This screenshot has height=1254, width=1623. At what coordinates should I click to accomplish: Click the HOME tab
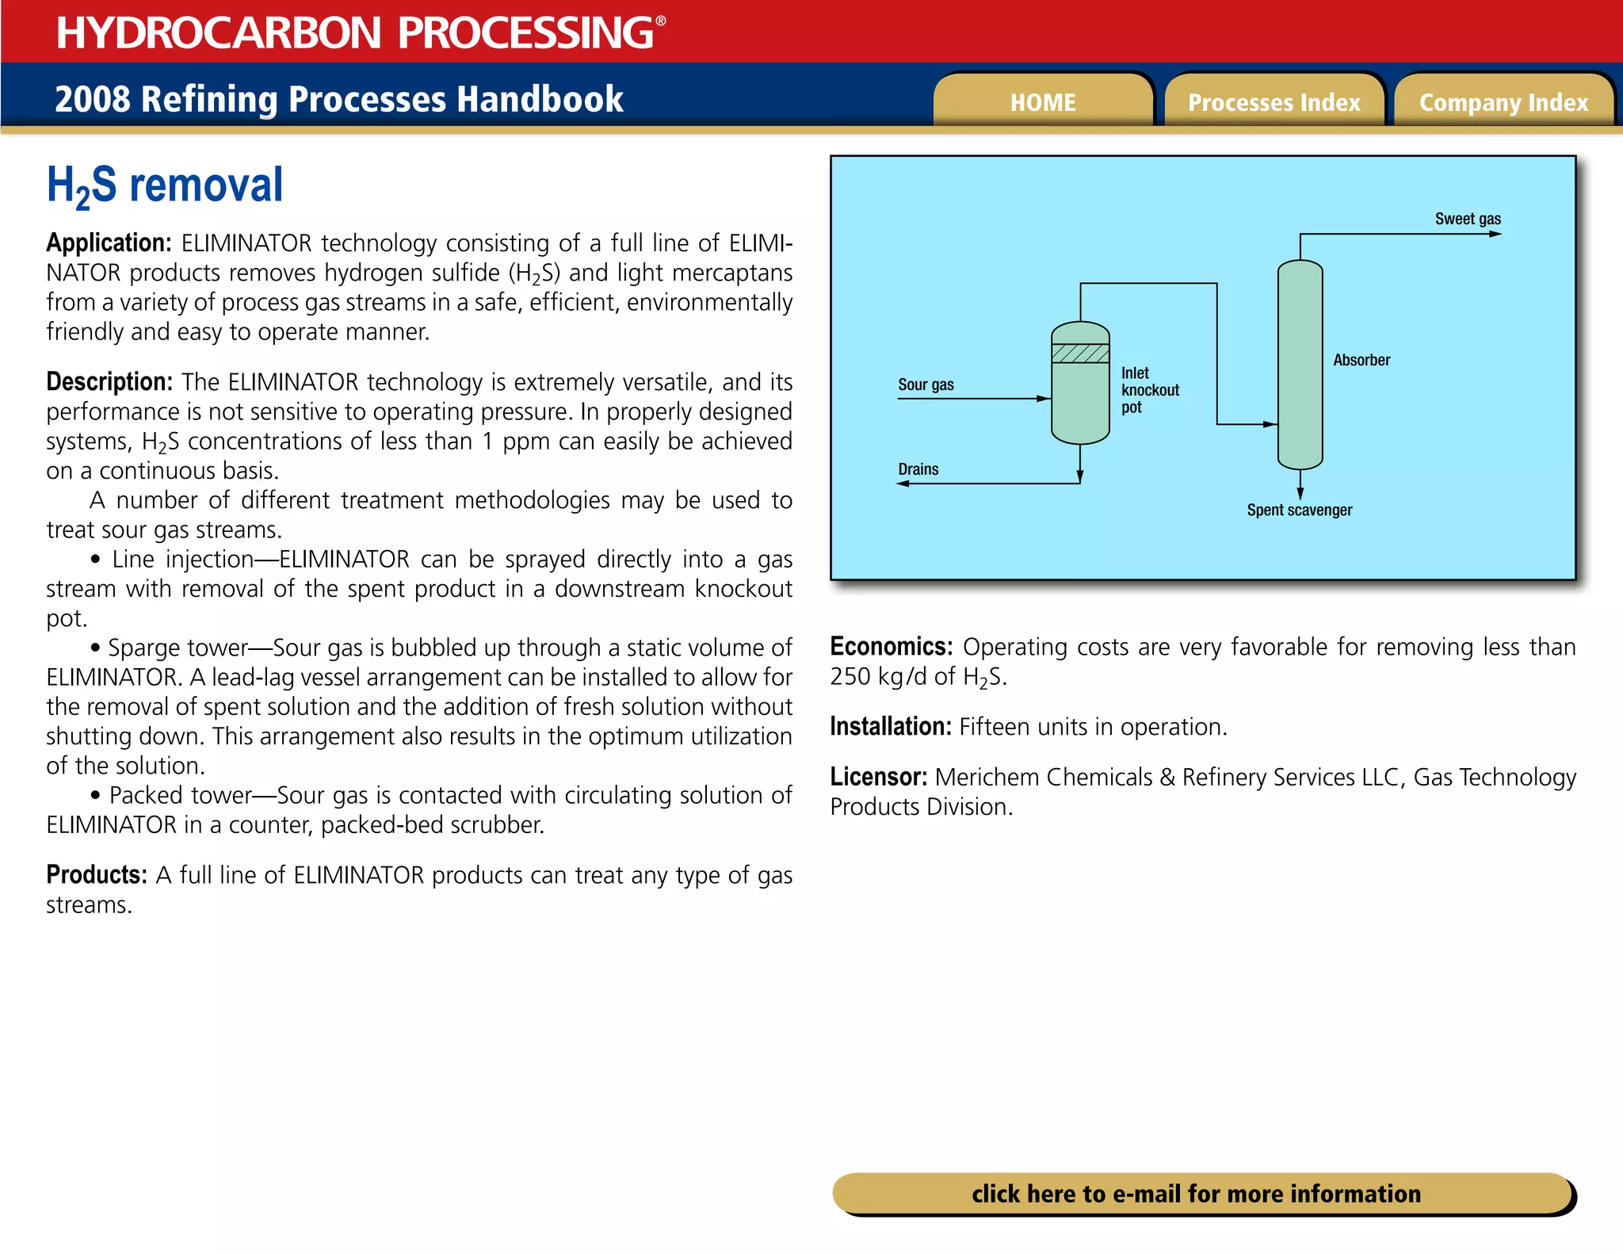point(1043,102)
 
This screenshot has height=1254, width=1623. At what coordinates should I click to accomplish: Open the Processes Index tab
point(1274,102)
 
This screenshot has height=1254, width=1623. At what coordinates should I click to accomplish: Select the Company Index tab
point(1503,102)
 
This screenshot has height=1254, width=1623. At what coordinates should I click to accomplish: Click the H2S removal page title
point(165,185)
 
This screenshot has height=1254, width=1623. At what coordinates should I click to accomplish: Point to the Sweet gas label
point(1468,219)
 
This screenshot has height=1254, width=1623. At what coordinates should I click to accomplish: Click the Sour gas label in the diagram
point(926,384)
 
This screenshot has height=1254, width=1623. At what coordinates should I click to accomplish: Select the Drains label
point(918,469)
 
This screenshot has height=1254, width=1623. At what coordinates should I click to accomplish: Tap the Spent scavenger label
point(1299,510)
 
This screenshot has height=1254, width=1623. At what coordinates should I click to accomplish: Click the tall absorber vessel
point(1300,365)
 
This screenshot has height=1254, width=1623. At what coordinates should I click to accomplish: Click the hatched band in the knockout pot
point(1080,353)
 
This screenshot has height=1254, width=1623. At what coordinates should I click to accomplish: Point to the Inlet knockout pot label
point(1149,390)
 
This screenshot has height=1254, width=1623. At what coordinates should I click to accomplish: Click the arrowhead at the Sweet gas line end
point(1495,234)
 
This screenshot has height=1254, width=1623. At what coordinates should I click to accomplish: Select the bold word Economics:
point(891,647)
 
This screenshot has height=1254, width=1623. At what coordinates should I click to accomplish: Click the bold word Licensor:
point(878,777)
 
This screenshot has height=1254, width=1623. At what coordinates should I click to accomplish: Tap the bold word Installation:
point(890,726)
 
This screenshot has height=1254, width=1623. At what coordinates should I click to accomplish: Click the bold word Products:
point(97,874)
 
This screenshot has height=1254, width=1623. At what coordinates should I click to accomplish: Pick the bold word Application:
point(109,243)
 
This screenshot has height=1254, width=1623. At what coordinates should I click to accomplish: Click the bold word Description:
point(109,382)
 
